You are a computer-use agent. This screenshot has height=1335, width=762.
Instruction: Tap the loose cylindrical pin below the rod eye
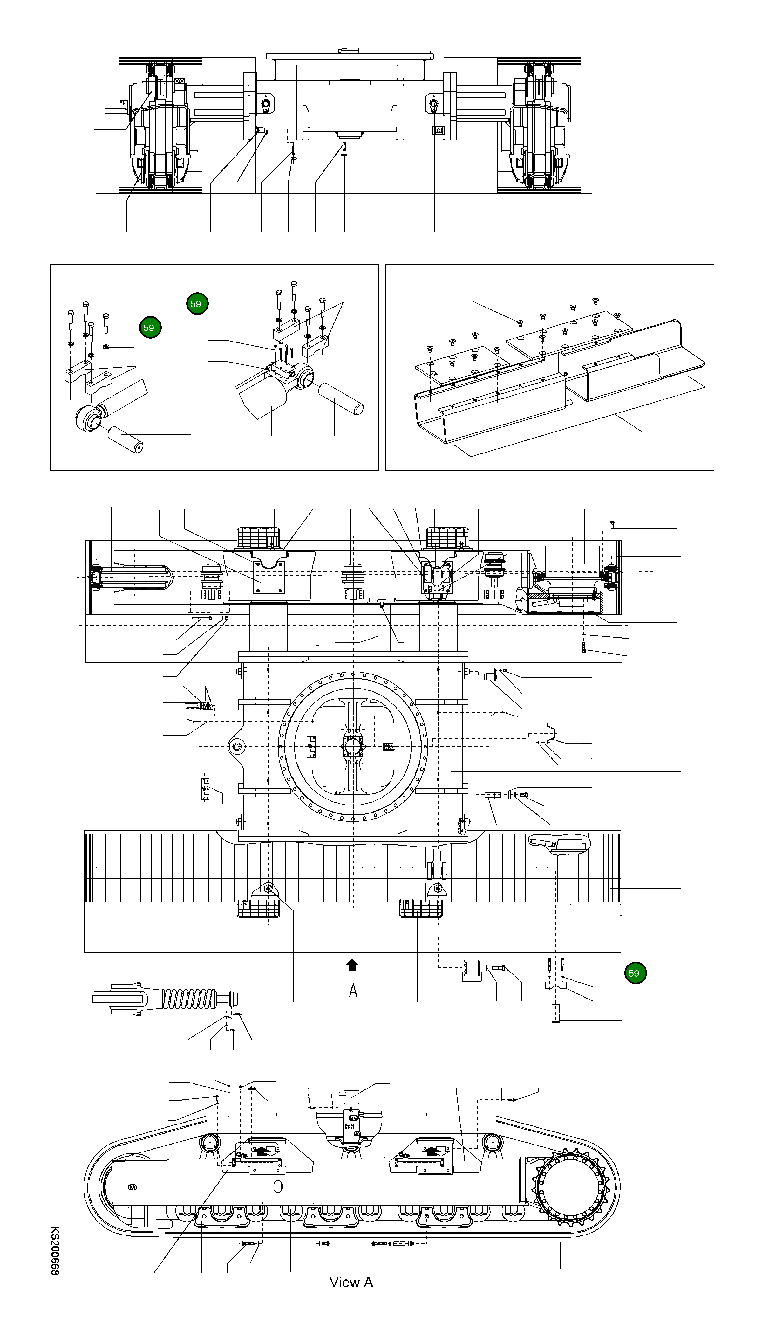[126, 439]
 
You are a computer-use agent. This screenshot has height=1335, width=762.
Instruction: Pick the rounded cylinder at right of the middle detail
[340, 398]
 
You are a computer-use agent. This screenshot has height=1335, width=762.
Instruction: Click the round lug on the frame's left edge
[239, 746]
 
